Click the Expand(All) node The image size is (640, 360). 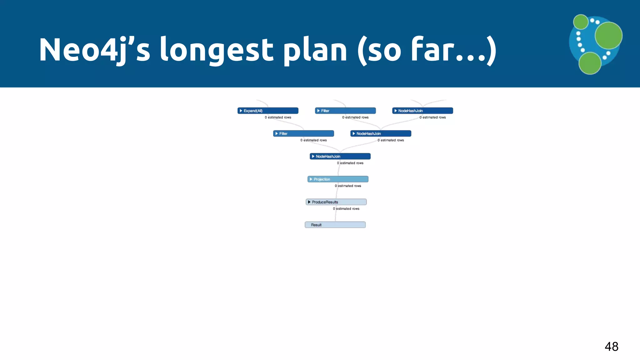(268, 111)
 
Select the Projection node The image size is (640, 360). (338, 179)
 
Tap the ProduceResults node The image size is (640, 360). (336, 202)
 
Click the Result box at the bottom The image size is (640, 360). (335, 225)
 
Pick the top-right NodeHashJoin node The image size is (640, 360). (422, 111)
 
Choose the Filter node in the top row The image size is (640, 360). (345, 111)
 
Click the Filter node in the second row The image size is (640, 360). (303, 133)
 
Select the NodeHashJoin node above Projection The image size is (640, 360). (340, 156)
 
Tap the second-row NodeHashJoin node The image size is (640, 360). (381, 133)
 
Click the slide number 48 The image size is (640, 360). (611, 346)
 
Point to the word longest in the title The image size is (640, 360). (217, 50)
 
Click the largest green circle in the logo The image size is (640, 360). (608, 36)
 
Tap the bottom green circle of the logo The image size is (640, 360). (590, 63)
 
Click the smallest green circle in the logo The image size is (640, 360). (581, 22)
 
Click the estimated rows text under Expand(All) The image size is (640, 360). (278, 117)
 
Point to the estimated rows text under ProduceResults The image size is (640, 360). (346, 209)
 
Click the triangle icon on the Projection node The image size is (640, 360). (311, 179)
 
